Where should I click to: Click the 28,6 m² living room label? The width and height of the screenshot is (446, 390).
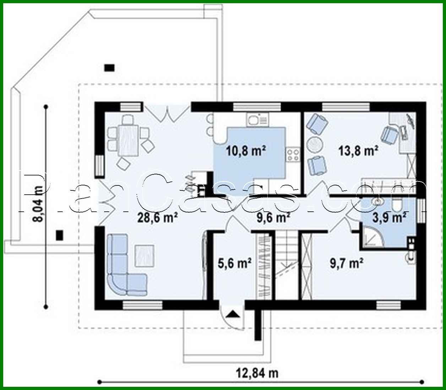[157, 217]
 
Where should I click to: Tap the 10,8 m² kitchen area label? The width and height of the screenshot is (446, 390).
[246, 151]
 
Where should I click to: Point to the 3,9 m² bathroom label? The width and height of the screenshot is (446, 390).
[389, 217]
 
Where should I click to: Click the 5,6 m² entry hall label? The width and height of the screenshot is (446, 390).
[234, 263]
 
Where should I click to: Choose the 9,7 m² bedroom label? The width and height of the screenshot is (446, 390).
[346, 263]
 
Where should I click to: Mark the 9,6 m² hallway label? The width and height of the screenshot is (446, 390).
[273, 217]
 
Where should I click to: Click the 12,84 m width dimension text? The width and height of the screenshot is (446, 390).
[257, 373]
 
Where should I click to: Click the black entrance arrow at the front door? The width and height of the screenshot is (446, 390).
[233, 314]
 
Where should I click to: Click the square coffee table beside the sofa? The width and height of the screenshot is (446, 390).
[144, 256]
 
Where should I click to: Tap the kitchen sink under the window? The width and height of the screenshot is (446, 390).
[254, 120]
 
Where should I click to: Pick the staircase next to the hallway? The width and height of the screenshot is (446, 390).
[287, 263]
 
